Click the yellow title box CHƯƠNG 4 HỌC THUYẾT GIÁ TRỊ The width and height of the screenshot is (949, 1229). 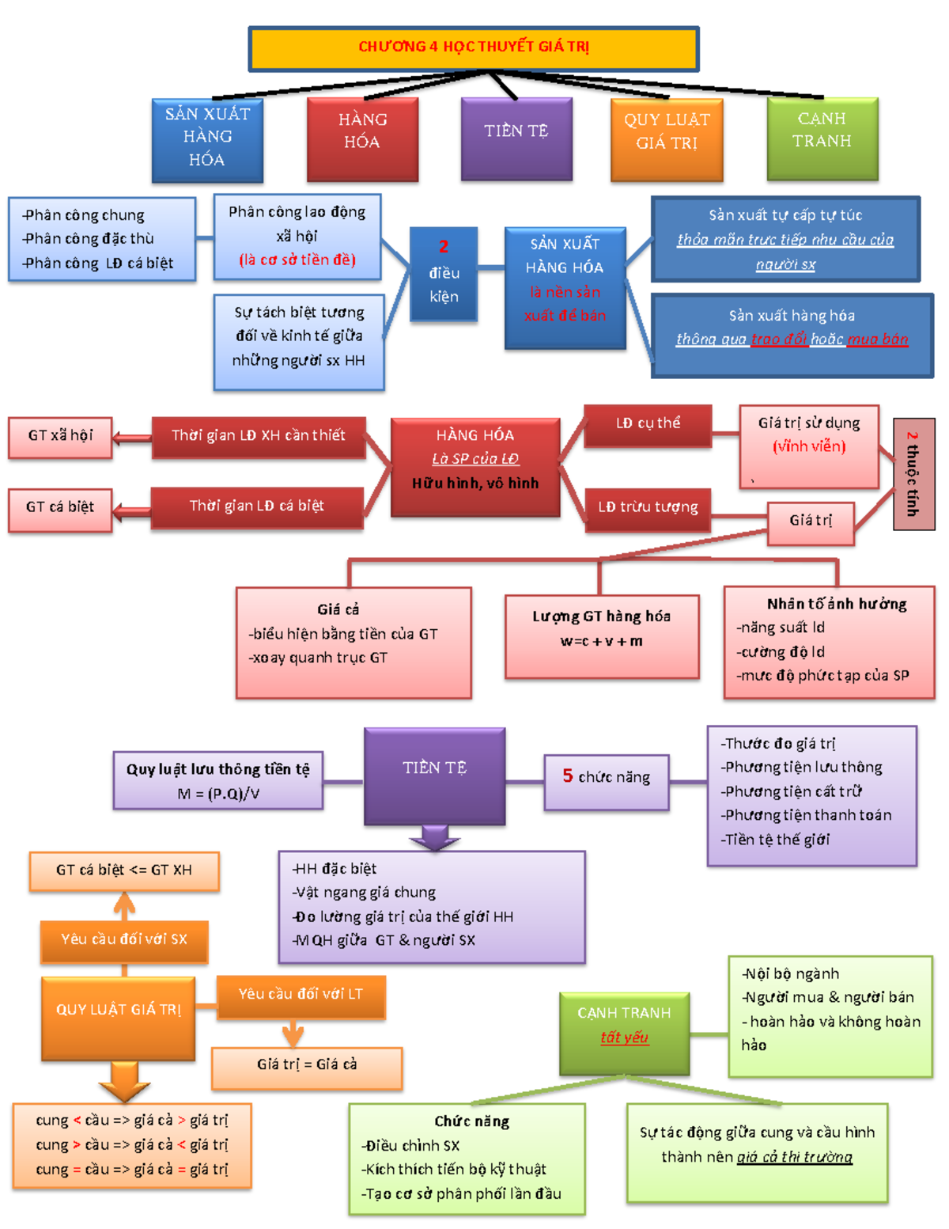[x=474, y=47]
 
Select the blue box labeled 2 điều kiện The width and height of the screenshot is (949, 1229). [x=444, y=274]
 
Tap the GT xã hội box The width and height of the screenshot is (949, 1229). [x=60, y=436]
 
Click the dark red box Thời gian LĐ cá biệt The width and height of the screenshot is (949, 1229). [x=256, y=506]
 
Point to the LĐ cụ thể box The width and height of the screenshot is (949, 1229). [x=648, y=424]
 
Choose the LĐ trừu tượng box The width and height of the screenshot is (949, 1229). [x=648, y=507]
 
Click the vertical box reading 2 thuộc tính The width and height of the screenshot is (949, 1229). [x=913, y=473]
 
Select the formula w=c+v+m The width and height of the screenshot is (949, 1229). [x=601, y=641]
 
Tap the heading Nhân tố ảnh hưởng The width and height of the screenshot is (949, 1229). [x=836, y=605]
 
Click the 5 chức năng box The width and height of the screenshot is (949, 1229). [x=607, y=778]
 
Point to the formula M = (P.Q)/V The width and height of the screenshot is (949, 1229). [x=218, y=794]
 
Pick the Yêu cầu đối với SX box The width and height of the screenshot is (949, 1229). [x=124, y=940]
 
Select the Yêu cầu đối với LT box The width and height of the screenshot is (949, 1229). [x=301, y=995]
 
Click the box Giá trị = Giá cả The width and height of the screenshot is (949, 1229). [x=307, y=1065]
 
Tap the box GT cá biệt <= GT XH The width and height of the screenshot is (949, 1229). [x=124, y=871]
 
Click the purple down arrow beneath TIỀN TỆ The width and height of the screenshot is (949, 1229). [x=433, y=837]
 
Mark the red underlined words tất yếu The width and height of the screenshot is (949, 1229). [x=624, y=1037]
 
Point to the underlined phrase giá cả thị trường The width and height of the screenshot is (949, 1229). [x=794, y=1158]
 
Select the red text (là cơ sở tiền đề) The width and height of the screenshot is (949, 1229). [x=297, y=260]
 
